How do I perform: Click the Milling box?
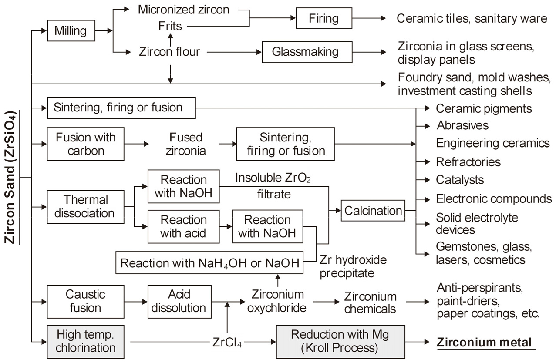[71, 31]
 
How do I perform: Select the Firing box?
[323, 19]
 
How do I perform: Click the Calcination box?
[373, 211]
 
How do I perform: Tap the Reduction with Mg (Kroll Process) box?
[340, 342]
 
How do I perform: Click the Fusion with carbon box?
[85, 144]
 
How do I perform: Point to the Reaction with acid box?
[183, 226]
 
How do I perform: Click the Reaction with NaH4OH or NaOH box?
[209, 263]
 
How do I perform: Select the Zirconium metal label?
[485, 342]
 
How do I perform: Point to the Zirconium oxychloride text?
[278, 301]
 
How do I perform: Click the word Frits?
[171, 26]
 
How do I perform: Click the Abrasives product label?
[462, 125]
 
